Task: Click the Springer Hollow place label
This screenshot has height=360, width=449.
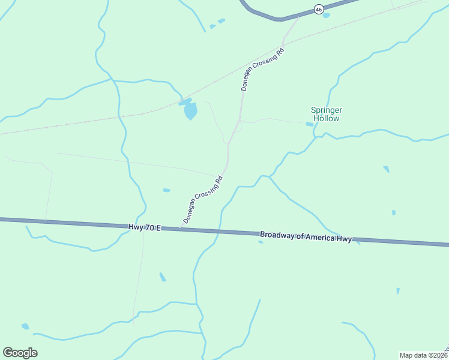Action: pyautogui.click(x=325, y=114)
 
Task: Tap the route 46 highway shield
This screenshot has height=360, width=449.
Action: pyautogui.click(x=319, y=9)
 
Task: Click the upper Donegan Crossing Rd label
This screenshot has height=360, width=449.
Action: pyautogui.click(x=262, y=70)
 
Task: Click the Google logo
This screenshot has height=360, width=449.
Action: pyautogui.click(x=20, y=353)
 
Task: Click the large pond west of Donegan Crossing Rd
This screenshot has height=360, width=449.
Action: pyautogui.click(x=190, y=110)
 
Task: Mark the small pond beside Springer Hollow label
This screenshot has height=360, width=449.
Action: pyautogui.click(x=310, y=124)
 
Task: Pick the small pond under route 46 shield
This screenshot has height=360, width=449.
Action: pyautogui.click(x=326, y=16)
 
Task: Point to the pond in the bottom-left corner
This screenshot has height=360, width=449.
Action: pyautogui.click(x=25, y=326)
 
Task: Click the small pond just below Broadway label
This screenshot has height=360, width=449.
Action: pyautogui.click(x=261, y=242)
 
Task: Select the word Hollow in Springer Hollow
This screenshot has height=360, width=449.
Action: pyautogui.click(x=325, y=119)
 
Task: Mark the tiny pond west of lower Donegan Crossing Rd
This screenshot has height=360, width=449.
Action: pyautogui.click(x=166, y=190)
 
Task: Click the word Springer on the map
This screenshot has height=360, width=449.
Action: pyautogui.click(x=325, y=110)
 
